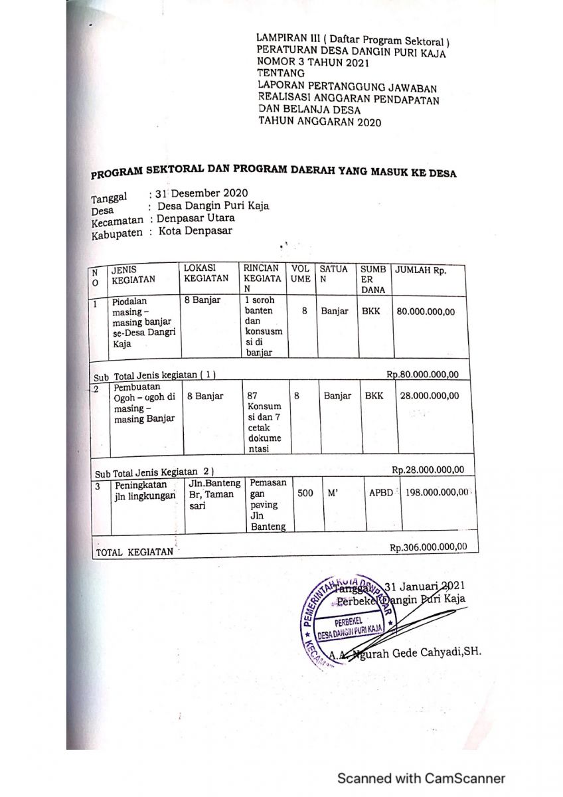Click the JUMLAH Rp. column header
421,271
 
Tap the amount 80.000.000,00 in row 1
426,311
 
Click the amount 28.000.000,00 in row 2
429,396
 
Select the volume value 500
305,493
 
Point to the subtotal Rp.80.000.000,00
423,374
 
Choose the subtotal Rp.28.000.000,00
427,470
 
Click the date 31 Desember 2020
193,194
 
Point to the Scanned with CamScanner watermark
421,778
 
